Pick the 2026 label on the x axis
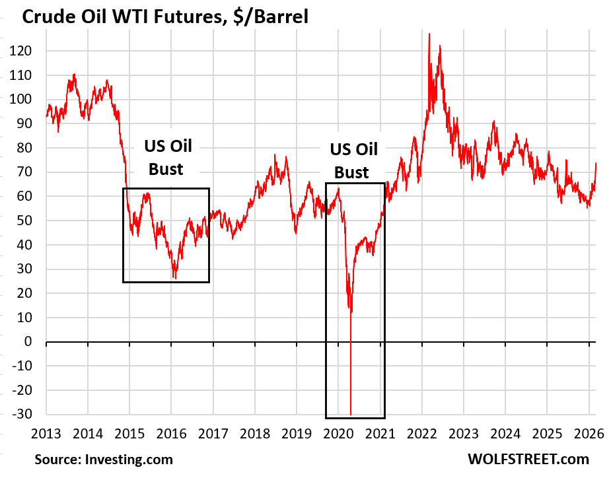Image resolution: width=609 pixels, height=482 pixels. [588, 434]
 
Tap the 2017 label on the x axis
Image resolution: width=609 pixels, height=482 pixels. [213, 434]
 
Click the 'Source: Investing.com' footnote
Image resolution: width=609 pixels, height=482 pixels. [104, 460]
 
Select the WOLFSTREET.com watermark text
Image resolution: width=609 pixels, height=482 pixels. [528, 460]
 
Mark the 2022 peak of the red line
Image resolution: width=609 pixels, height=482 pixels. [429, 34]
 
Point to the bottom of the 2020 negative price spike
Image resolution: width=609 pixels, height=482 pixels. [350, 414]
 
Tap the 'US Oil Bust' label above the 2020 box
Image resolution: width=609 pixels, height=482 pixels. [353, 161]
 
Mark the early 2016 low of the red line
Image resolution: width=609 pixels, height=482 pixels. [175, 278]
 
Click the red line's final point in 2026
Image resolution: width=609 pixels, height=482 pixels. [596, 162]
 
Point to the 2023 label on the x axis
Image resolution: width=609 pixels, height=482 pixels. [463, 434]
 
